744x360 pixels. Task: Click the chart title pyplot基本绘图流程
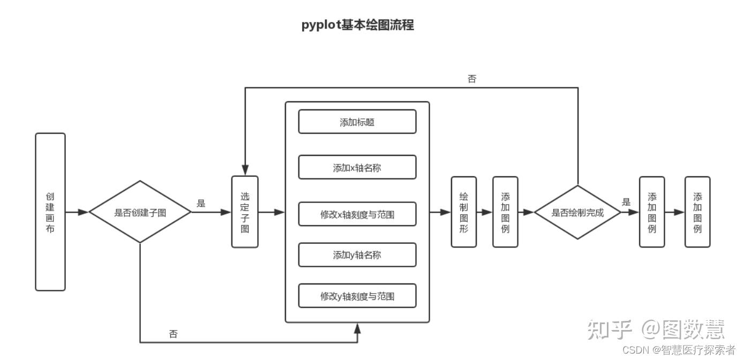click(x=357, y=25)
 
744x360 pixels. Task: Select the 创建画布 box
click(x=50, y=212)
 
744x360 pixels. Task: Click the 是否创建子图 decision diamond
click(x=140, y=212)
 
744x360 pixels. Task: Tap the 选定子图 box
click(x=245, y=212)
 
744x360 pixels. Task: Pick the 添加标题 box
click(x=357, y=122)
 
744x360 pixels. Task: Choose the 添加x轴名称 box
click(x=357, y=168)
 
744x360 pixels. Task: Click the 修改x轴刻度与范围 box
click(x=357, y=214)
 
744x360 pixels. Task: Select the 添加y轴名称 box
click(x=357, y=255)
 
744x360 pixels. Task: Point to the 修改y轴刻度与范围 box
click(x=357, y=296)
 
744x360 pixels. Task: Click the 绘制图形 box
click(x=464, y=212)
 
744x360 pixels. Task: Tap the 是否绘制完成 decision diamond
click(x=577, y=212)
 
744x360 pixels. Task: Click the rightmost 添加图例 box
click(x=697, y=212)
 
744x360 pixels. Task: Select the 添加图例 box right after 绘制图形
click(x=505, y=212)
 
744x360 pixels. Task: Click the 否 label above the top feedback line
click(x=472, y=79)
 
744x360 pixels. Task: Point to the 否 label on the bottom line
click(x=173, y=334)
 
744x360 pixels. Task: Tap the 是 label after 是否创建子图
click(x=201, y=204)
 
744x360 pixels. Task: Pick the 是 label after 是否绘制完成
click(x=626, y=202)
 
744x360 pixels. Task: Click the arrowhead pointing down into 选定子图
click(x=245, y=171)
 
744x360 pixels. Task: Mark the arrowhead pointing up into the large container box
click(x=357, y=327)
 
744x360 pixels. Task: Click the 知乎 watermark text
click(x=609, y=329)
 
